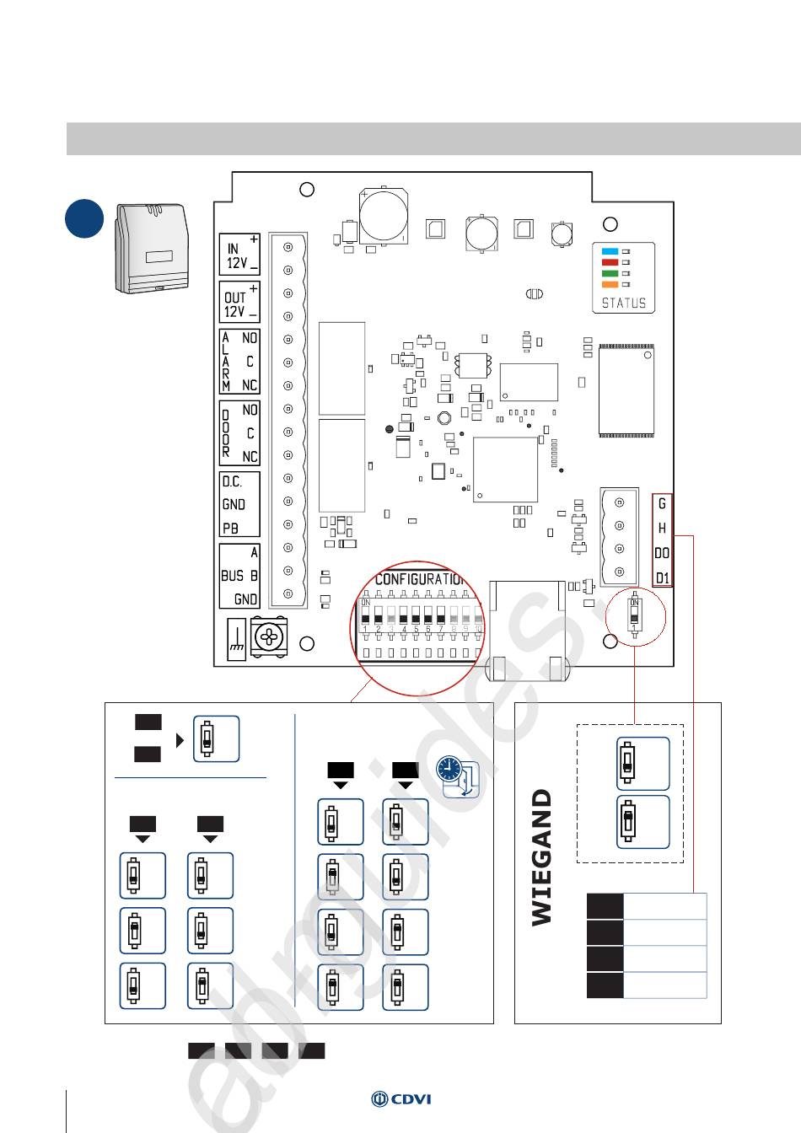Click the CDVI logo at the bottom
click(x=401, y=1098)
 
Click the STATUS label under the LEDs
click(x=624, y=303)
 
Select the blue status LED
click(x=610, y=251)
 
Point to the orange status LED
click(x=610, y=285)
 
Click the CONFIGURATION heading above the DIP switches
click(x=420, y=579)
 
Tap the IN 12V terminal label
click(x=239, y=255)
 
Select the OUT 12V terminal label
click(x=239, y=303)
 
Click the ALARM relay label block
click(x=239, y=361)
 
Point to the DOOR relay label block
click(x=239, y=432)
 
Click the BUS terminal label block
click(x=239, y=576)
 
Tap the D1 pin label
click(x=663, y=577)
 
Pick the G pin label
click(x=663, y=504)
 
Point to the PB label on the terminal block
click(x=230, y=529)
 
